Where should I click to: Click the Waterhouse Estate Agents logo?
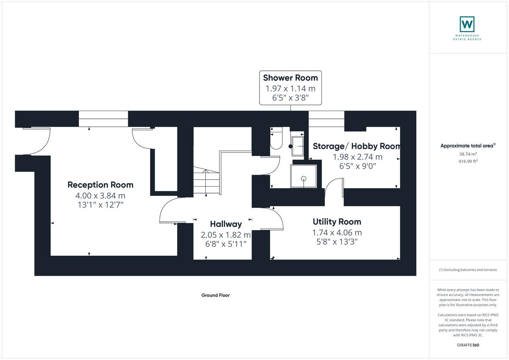tap(467, 28)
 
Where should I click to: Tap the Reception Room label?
tap(101, 185)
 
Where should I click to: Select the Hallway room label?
tap(226, 224)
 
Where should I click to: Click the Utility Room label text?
tap(337, 222)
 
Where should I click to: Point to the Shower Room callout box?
tap(291, 88)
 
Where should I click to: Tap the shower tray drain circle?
tap(304, 178)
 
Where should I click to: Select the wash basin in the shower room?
tap(298, 146)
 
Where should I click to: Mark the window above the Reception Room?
tap(103, 119)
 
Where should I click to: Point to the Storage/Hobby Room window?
tap(326, 119)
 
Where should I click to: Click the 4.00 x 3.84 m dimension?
tap(101, 196)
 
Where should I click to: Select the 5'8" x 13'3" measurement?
tap(337, 242)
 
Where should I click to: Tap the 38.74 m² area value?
tap(468, 154)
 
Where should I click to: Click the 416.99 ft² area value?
tap(468, 161)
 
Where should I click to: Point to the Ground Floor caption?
tap(215, 296)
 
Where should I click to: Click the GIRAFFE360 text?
tap(468, 345)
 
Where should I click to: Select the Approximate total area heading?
tap(467, 146)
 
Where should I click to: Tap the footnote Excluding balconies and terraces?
tap(468, 270)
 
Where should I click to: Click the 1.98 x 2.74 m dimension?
tap(358, 157)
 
